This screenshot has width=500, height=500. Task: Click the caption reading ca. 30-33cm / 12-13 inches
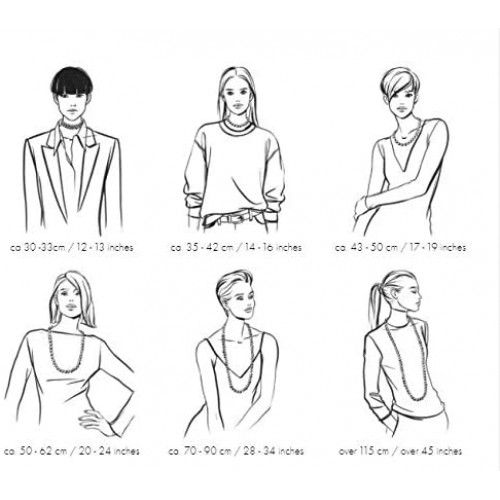(72, 248)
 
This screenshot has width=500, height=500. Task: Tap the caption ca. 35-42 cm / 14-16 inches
(236, 248)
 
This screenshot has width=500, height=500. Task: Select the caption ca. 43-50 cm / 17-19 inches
(400, 248)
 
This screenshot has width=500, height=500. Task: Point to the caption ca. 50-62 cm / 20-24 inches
(72, 451)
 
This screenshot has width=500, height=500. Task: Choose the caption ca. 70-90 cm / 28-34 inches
(236, 451)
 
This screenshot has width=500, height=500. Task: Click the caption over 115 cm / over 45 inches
(400, 451)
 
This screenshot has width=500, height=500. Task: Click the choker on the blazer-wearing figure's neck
(72, 125)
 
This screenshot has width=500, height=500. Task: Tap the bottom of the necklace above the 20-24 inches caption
(66, 370)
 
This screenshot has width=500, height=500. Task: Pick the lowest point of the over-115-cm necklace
(417, 398)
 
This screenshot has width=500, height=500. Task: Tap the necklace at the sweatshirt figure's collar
(236, 126)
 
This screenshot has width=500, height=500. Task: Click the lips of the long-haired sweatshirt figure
(237, 105)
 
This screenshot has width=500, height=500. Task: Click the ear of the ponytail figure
(395, 293)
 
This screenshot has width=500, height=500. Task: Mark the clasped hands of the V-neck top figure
(361, 208)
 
